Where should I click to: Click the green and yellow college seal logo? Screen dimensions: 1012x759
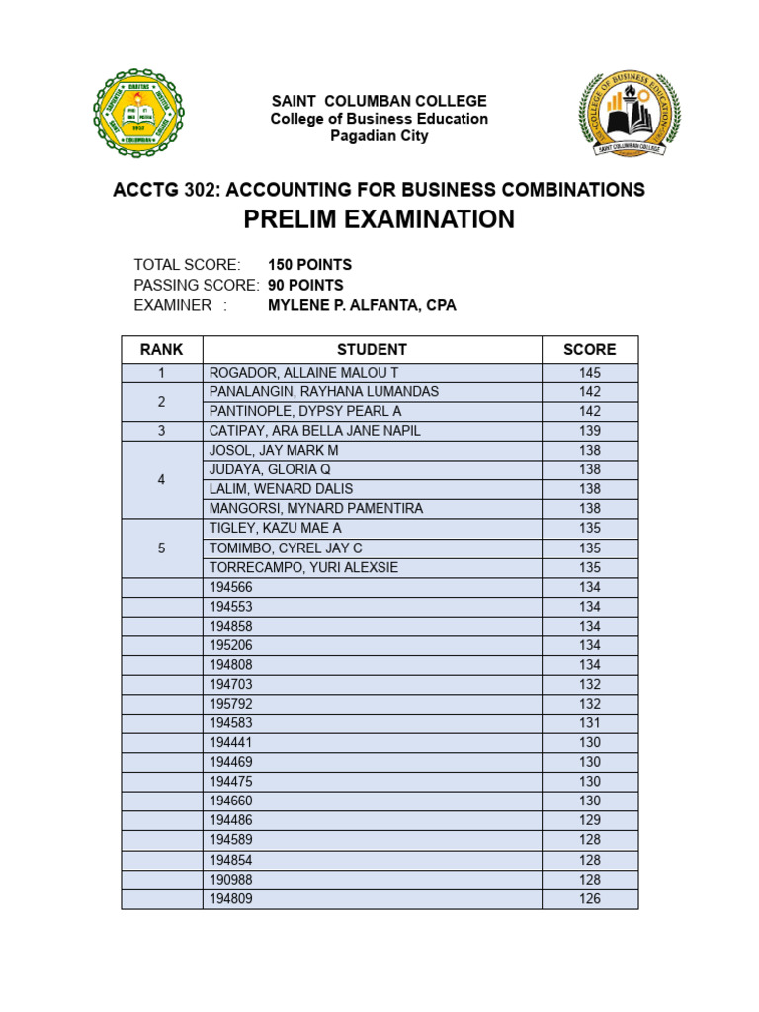(138, 114)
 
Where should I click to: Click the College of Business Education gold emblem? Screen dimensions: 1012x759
(630, 114)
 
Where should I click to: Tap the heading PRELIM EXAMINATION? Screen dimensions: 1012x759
(379, 219)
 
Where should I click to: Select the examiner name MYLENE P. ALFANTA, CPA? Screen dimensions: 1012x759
(362, 305)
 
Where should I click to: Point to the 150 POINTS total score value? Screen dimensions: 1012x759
(309, 265)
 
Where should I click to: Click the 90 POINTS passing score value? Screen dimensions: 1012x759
(305, 285)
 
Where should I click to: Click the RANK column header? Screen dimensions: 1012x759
(162, 349)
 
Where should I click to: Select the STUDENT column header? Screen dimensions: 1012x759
(372, 349)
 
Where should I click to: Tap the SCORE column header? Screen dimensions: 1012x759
(589, 349)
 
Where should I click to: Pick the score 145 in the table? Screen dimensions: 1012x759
(589, 373)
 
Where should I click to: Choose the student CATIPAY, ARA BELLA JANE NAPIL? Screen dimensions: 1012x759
(315, 431)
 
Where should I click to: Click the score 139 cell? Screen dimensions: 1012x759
(589, 431)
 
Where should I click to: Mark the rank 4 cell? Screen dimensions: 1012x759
(162, 479)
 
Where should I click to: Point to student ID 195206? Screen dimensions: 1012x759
(231, 645)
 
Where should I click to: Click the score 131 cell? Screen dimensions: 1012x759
(589, 723)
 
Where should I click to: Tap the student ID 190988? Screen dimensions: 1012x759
(231, 880)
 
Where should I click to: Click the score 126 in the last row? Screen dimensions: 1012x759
(589, 899)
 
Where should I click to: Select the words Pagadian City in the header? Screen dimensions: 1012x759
(379, 136)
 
